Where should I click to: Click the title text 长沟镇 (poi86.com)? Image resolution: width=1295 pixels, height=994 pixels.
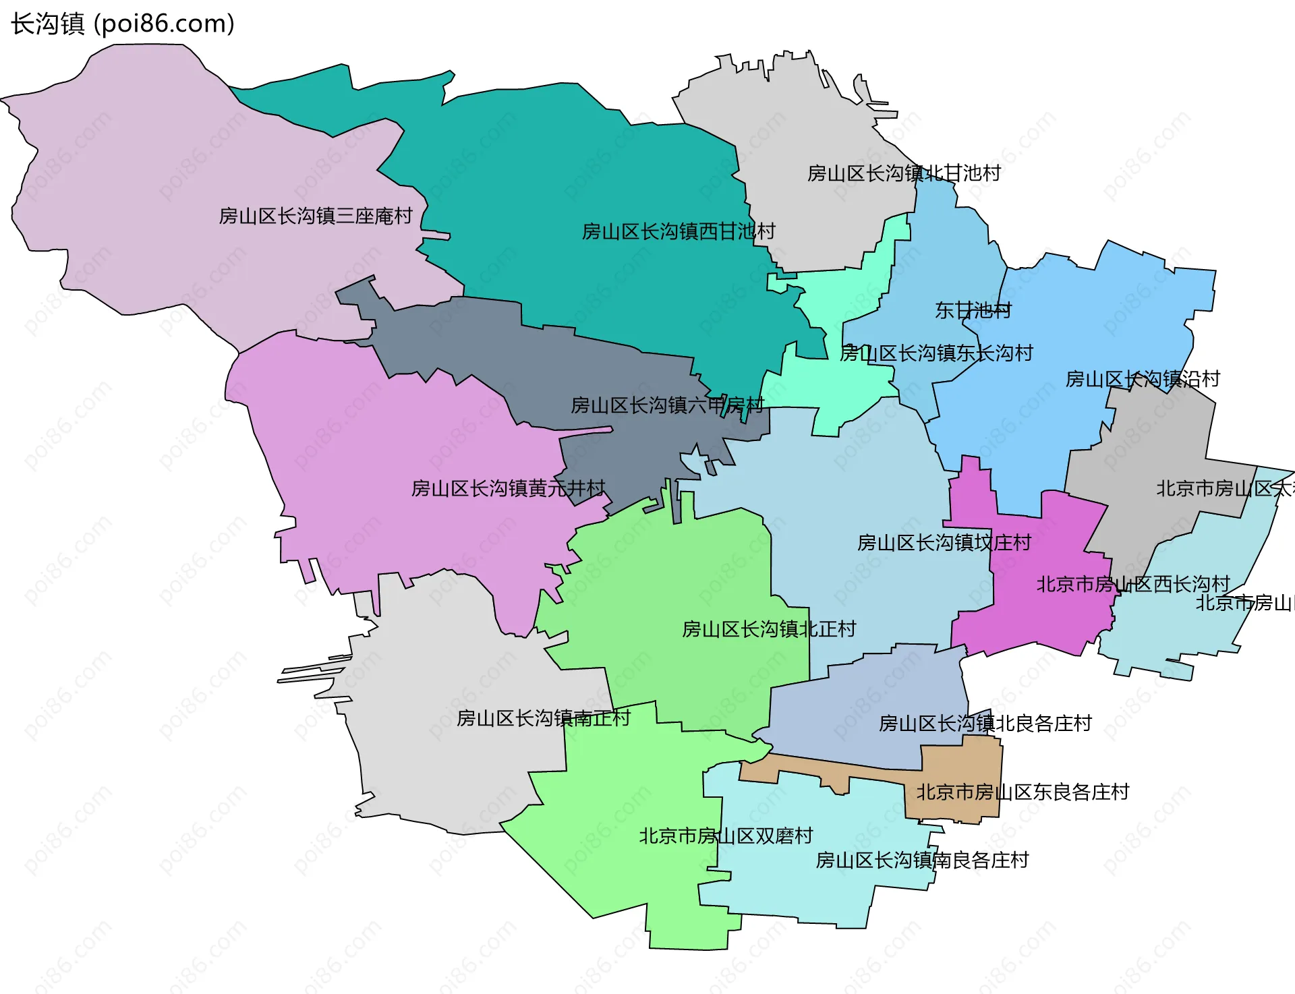tap(123, 24)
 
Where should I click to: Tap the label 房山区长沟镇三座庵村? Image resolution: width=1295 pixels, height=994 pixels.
tap(315, 216)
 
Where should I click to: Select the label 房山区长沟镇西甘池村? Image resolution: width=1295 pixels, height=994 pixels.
tap(678, 232)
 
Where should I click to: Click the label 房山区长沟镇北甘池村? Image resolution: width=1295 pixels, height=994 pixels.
tap(903, 174)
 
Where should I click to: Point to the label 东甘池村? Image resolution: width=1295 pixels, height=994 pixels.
tap(973, 311)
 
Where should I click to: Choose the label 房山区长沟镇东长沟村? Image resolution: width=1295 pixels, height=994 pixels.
tap(936, 353)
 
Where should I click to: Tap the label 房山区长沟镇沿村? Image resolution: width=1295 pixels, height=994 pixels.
tap(1142, 380)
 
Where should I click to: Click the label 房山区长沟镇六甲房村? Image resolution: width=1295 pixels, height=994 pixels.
tap(667, 406)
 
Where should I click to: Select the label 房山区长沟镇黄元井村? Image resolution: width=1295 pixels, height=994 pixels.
tap(508, 489)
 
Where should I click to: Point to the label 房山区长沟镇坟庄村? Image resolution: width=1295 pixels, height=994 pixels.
tap(944, 543)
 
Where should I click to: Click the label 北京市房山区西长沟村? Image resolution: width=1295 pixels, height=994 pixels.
tap(1132, 585)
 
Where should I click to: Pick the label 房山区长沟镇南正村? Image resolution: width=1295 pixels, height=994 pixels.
tap(543, 719)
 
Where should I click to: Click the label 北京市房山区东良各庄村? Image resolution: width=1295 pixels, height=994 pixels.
tap(1022, 792)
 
